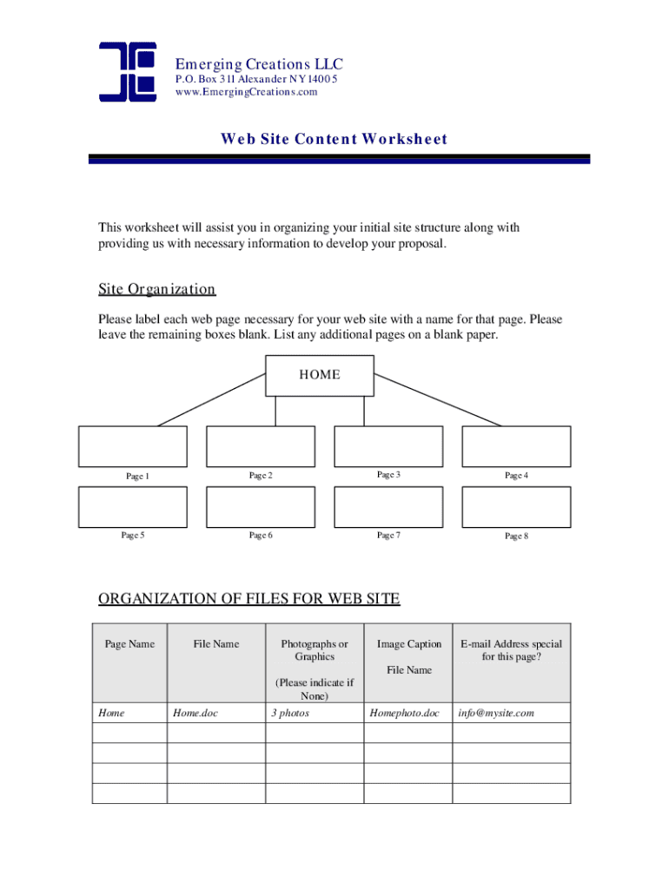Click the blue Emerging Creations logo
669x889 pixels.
click(x=127, y=71)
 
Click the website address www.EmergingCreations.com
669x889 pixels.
click(x=246, y=93)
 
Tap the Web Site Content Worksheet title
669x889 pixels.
click(x=334, y=139)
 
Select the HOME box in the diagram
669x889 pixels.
click(x=320, y=375)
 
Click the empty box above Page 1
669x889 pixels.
click(x=133, y=446)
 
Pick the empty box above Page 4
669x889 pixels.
click(x=516, y=446)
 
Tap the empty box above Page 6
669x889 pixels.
click(x=261, y=507)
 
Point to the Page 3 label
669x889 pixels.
click(x=388, y=475)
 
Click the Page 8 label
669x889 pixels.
click(x=516, y=536)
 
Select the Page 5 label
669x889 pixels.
click(x=133, y=535)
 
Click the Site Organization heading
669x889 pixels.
click(x=156, y=289)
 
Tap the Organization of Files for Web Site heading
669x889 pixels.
click(x=249, y=598)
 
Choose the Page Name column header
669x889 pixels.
click(x=129, y=644)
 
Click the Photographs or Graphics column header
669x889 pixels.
click(x=315, y=650)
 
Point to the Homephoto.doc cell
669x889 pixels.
click(x=405, y=713)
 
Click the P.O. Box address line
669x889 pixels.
click(x=255, y=79)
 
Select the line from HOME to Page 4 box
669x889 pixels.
click(x=439, y=399)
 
